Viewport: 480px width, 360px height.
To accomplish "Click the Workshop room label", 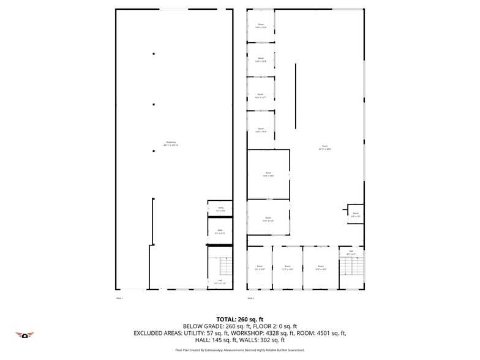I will pyautogui.click(x=171, y=143).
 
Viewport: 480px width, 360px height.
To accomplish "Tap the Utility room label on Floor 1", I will pyautogui.click(x=220, y=209).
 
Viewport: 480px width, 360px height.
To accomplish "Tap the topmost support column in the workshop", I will pyautogui.click(x=154, y=54).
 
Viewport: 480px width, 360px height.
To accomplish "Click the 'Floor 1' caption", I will pyautogui.click(x=119, y=298).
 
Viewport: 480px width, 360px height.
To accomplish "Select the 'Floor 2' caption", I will pyautogui.click(x=250, y=298).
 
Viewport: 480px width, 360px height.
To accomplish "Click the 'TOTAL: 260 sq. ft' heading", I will pyautogui.click(x=239, y=319).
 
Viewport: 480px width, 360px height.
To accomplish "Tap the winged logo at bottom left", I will pyautogui.click(x=24, y=335).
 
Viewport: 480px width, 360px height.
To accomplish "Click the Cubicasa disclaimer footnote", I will pyautogui.click(x=239, y=350).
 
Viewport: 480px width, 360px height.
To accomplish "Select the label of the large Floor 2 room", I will pyautogui.click(x=324, y=147).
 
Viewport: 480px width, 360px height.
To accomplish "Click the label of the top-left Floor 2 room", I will pyautogui.click(x=261, y=26).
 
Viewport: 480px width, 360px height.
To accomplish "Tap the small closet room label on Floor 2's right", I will pyautogui.click(x=356, y=214).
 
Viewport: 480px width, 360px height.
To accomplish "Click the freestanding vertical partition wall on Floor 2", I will pyautogui.click(x=295, y=95).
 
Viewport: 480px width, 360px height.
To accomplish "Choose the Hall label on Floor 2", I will pyautogui.click(x=351, y=252).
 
